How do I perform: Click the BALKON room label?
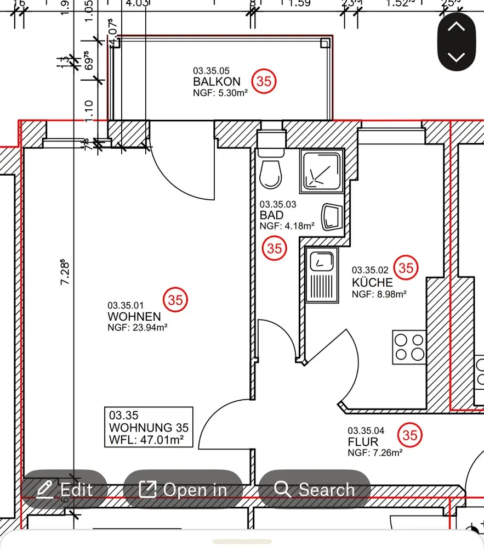217,82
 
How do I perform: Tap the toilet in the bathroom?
270,172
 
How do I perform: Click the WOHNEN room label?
134,317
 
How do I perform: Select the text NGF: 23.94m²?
137,328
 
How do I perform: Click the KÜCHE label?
372,283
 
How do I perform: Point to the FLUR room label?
363,442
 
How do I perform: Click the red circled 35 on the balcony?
264,81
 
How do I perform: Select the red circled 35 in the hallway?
410,435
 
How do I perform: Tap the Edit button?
64,489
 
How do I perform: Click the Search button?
315,489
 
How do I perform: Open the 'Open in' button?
183,489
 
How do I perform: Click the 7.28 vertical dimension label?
65,272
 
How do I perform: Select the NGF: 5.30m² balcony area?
220,93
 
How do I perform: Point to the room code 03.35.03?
278,204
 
